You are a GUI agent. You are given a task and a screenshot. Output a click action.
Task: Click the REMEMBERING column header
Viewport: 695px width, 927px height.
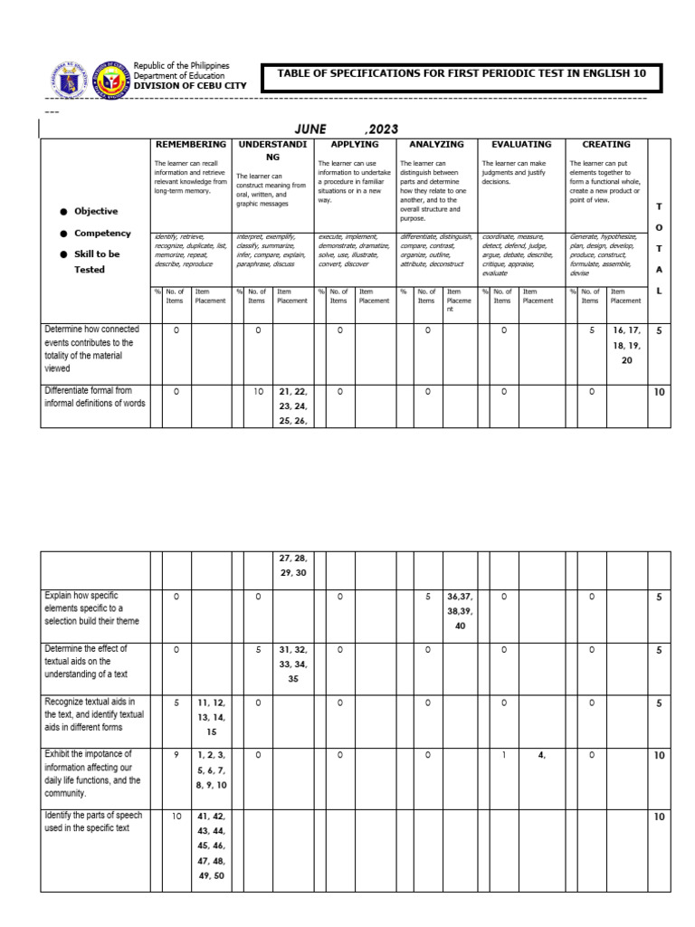(x=191, y=145)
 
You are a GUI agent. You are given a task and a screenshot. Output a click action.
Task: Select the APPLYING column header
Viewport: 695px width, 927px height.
(x=354, y=145)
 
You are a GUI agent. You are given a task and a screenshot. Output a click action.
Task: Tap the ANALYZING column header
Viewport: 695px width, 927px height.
(x=436, y=145)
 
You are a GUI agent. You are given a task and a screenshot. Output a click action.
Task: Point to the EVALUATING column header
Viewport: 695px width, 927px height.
(x=520, y=145)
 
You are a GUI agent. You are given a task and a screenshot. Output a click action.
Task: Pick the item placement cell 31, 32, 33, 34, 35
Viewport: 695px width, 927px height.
(x=293, y=663)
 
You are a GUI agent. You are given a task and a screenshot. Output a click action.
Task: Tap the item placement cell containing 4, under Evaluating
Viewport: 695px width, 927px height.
(x=541, y=753)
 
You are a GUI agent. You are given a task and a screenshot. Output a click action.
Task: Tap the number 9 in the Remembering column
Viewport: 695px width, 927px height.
(x=176, y=753)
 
